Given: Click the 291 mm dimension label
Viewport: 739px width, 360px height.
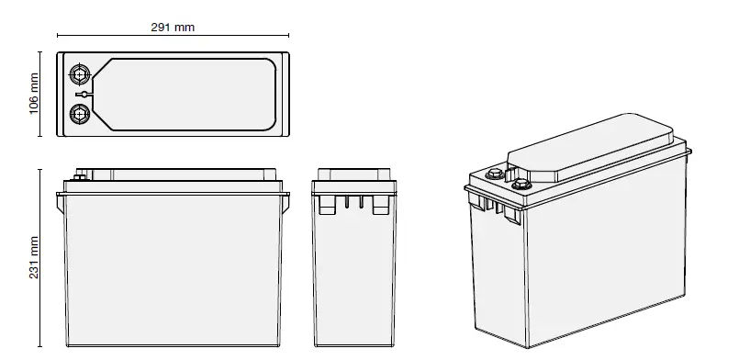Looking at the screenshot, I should coord(173,27).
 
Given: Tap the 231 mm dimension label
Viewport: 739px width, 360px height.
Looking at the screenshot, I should coord(34,259).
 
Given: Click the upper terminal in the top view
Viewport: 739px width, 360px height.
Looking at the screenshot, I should coord(80,73).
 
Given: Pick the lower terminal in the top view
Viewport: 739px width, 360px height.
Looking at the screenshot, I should coord(80,114).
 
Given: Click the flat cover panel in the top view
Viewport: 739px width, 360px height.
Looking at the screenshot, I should coord(188,94).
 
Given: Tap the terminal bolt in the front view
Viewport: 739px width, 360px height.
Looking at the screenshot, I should coord(80,175).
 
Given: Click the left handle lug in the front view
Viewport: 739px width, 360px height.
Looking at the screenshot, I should coord(60,193).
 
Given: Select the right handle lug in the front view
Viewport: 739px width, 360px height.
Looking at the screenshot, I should coord(286,193).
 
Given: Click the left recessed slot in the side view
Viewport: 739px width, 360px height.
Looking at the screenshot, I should coord(324,205).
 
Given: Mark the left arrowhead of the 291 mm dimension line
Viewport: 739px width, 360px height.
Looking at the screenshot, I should coord(59,36).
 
